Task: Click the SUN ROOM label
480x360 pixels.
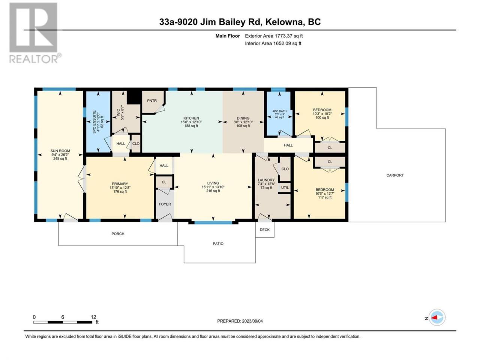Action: [x=60, y=151]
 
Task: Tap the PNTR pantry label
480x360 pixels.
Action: [x=152, y=101]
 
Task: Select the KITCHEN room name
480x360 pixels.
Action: [x=191, y=118]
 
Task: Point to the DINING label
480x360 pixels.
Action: [x=243, y=118]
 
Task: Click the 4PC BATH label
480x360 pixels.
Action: [x=279, y=111]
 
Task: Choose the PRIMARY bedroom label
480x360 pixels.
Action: [x=120, y=184]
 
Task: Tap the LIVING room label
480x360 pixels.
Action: [x=213, y=183]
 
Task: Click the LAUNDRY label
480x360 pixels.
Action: [x=266, y=180]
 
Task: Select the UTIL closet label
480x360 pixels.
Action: [x=285, y=187]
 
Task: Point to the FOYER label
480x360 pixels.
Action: [x=165, y=204]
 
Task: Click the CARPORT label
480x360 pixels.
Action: [x=395, y=175]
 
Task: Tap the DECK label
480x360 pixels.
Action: [x=265, y=230]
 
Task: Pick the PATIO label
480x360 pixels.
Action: [x=218, y=244]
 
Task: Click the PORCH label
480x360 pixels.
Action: [x=118, y=234]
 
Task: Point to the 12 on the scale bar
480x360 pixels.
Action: [x=93, y=317]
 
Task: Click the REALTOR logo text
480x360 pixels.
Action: [x=34, y=59]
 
